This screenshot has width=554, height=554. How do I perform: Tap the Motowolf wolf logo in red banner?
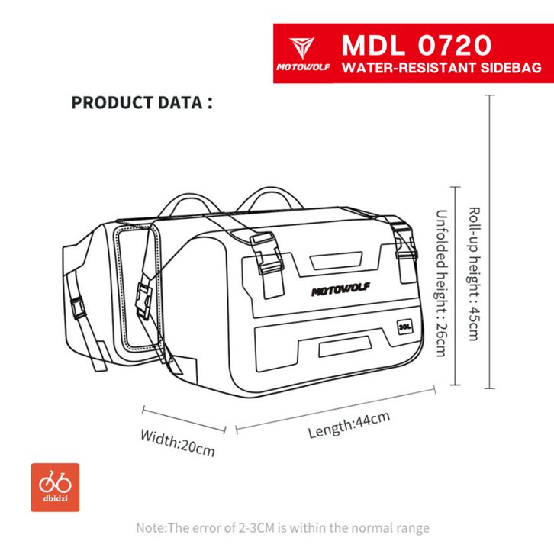tap(304, 46)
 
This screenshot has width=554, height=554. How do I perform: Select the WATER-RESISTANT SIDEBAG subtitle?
tap(442, 68)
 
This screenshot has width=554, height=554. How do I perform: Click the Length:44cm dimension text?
tap(349, 424)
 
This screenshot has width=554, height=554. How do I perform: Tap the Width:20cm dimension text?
tap(177, 442)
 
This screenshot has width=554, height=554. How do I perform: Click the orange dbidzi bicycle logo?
tap(56, 487)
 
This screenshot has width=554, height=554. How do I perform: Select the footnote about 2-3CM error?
tap(282, 527)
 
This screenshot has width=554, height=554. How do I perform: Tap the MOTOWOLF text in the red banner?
tap(304, 68)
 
